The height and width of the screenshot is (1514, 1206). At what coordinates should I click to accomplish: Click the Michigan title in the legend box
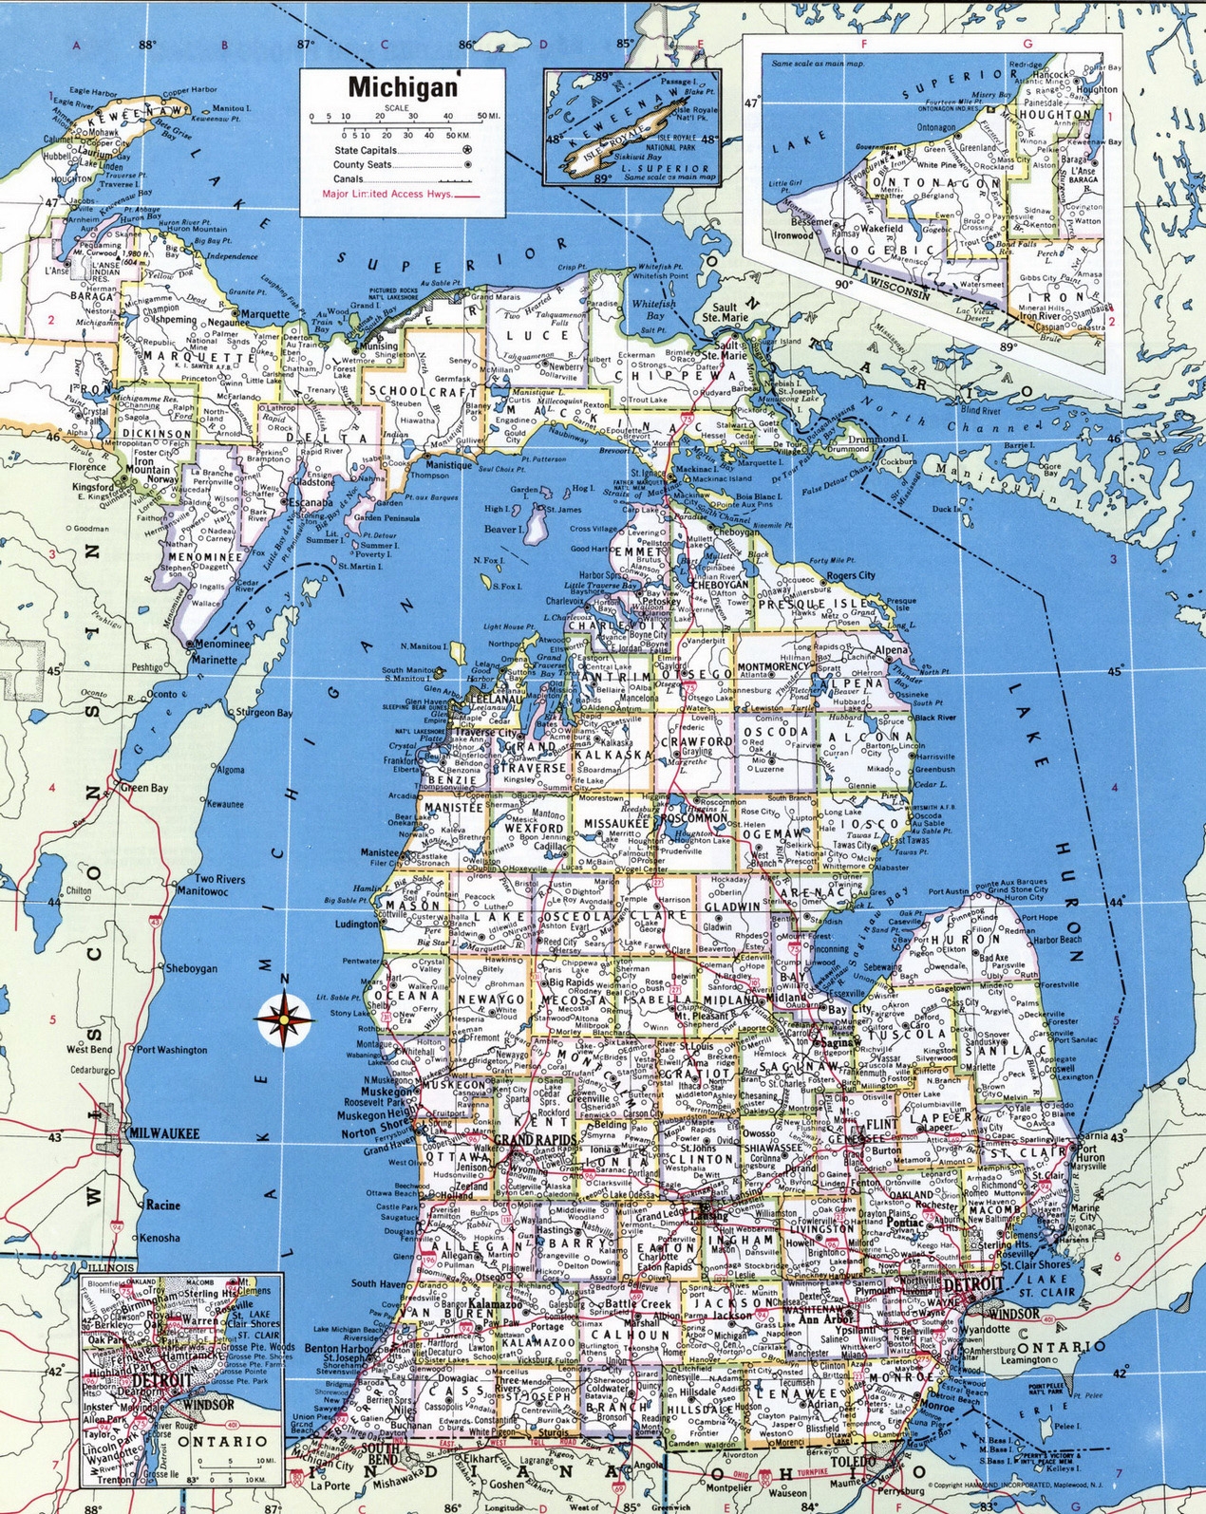[x=403, y=86]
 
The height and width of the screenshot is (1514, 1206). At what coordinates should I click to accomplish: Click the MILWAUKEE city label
[x=164, y=1133]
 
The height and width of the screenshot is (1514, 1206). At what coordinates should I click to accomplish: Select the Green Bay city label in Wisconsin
[x=144, y=788]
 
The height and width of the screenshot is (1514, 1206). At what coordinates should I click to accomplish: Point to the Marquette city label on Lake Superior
[x=265, y=314]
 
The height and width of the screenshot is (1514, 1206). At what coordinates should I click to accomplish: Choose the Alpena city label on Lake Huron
[x=892, y=650]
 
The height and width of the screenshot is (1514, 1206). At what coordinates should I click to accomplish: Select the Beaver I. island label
[x=502, y=530]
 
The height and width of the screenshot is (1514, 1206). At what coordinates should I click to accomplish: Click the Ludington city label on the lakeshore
[x=357, y=924]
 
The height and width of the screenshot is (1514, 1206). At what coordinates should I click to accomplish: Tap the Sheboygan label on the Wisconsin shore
[x=191, y=969]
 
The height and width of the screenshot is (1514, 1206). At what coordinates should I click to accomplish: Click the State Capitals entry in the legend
[x=366, y=151]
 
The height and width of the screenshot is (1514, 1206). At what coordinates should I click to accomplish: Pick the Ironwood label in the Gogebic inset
[x=794, y=235]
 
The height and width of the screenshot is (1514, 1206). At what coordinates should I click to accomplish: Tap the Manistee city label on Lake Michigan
[x=379, y=852]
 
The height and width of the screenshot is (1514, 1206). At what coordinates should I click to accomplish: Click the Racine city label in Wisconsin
[x=162, y=1205]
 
